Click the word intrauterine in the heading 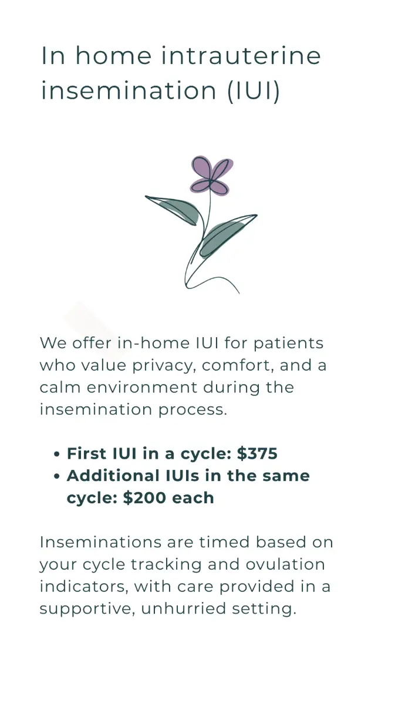[241, 56]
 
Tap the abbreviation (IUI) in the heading [254, 92]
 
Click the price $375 [257, 454]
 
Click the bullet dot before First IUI [56, 455]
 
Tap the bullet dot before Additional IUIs [56, 477]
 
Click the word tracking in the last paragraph [157, 564]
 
